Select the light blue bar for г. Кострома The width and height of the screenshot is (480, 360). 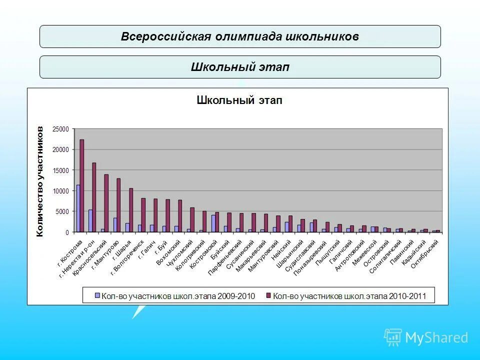(x=78, y=208)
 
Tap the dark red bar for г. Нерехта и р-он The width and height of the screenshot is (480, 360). (x=94, y=197)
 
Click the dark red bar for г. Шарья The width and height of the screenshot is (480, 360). (x=131, y=210)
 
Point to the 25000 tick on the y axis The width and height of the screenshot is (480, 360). (x=61, y=129)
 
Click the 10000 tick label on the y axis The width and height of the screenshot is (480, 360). (x=61, y=191)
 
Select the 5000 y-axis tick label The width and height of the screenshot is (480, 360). (x=63, y=211)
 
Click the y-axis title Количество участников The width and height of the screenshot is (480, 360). (x=40, y=181)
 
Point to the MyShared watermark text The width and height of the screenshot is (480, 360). (x=436, y=337)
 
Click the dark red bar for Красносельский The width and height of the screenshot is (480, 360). (x=106, y=203)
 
